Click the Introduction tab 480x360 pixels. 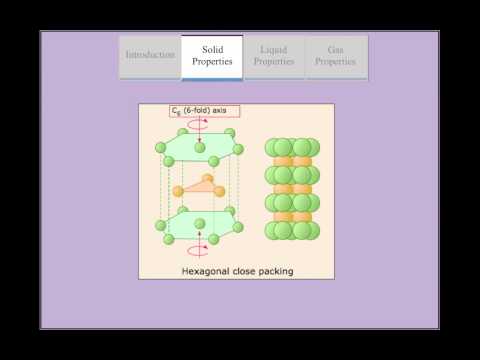tap(150, 56)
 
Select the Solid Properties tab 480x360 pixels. tap(211, 55)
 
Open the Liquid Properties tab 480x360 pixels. tap(274, 55)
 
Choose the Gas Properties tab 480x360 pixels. tap(335, 55)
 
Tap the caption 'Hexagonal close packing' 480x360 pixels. tap(236, 270)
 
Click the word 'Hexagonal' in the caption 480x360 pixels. tap(208, 270)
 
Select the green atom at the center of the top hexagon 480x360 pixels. tap(200, 148)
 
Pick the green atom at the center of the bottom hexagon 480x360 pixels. tap(200, 225)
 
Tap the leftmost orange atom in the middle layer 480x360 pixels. tap(178, 191)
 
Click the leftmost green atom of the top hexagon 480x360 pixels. tap(160, 149)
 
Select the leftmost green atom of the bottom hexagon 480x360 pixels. tap(160, 226)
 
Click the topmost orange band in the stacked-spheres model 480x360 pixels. tap(292, 160)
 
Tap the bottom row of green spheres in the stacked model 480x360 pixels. tap(292, 230)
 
